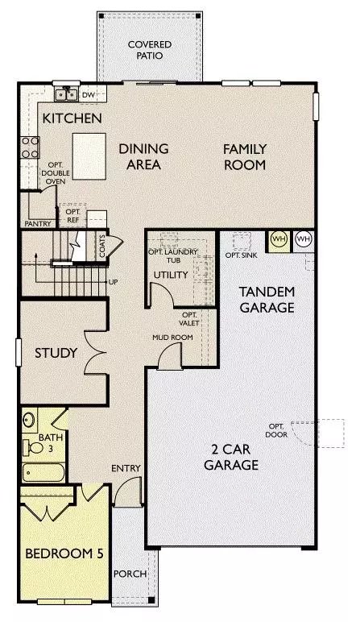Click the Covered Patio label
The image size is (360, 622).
150,50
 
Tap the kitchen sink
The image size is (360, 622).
66,94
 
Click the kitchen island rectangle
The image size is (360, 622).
89,156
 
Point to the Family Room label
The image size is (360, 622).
245,156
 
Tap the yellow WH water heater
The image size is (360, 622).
279,239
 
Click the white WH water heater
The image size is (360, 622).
304,239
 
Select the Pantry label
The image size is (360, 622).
38,224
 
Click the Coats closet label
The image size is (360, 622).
102,246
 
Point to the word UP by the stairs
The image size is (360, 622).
113,282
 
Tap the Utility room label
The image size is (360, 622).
171,275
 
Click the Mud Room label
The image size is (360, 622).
173,338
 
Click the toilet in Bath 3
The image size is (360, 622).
33,448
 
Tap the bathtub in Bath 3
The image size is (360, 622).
43,472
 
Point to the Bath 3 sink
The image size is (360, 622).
29,419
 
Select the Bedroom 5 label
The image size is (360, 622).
64,554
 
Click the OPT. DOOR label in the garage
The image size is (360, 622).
276,430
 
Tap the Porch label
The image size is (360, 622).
130,574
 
